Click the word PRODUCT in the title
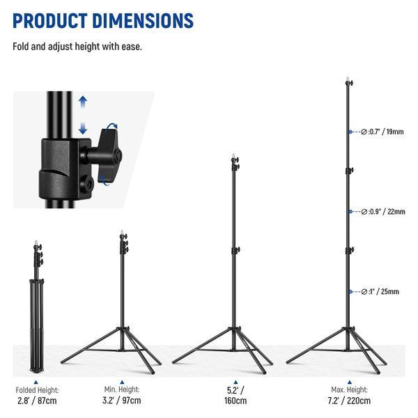tap(50, 21)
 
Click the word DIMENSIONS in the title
tap(143, 21)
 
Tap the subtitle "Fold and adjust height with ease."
tap(77, 47)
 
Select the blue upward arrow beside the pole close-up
tap(83, 102)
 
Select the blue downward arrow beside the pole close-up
tap(83, 128)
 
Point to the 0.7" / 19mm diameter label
tap(382, 132)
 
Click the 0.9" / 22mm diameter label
tap(383, 212)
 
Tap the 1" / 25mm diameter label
tap(380, 292)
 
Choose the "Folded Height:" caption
tap(37, 390)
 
